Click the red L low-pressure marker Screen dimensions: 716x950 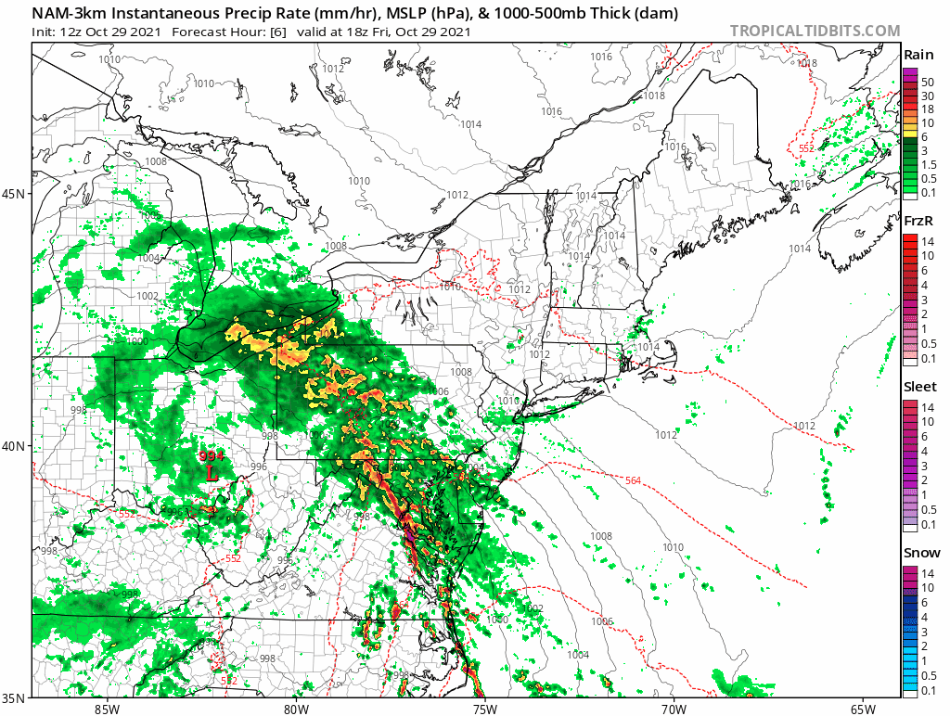pyautogui.click(x=212, y=471)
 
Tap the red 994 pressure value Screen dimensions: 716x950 pyautogui.click(x=212, y=455)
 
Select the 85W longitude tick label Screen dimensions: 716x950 pyautogui.click(x=107, y=709)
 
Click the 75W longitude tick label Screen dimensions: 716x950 pyautogui.click(x=484, y=709)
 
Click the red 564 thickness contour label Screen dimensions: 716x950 pyautogui.click(x=633, y=480)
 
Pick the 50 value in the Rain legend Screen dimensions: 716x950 pyautogui.click(x=926, y=83)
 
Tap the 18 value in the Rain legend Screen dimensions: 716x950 pyautogui.click(x=926, y=109)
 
